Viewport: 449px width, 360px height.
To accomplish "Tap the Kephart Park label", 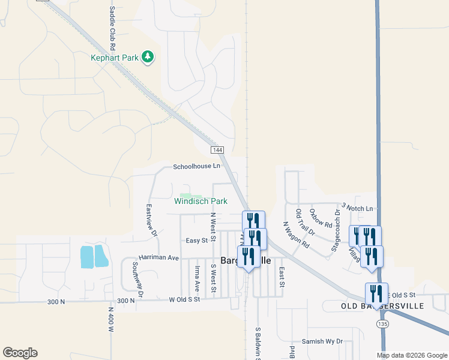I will click(115, 58).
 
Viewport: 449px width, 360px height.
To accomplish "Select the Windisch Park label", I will click(200, 202).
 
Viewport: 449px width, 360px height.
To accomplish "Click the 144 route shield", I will click(217, 149).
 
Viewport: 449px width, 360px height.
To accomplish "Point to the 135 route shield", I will click(382, 323).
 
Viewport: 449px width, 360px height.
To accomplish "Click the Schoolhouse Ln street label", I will click(197, 166).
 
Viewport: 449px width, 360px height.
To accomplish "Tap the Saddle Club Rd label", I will click(112, 28).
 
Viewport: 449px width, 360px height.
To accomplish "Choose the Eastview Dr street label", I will click(151, 220).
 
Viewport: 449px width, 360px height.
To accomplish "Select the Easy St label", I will click(196, 240).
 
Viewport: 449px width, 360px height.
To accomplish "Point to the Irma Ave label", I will click(196, 276).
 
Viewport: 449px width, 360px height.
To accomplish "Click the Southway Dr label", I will click(138, 280).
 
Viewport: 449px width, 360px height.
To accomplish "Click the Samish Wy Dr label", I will click(322, 341).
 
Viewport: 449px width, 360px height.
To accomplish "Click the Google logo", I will click(20, 353).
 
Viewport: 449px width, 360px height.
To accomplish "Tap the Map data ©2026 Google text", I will click(411, 355).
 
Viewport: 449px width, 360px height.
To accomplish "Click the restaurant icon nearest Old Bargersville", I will click(376, 294).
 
